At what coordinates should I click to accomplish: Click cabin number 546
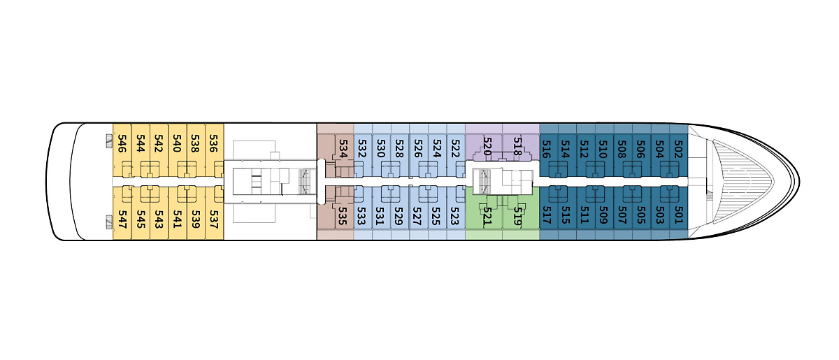coord(122,143)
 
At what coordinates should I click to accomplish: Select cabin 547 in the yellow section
coord(122,219)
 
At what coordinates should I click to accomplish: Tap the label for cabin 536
coord(213,143)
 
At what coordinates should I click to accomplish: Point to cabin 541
coord(177,219)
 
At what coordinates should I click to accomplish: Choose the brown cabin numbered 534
coord(343,149)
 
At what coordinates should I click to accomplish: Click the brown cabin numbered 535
coord(342,216)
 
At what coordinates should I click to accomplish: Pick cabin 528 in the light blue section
coord(399,149)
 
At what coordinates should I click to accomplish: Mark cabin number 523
coord(454,216)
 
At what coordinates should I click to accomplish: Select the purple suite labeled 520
coord(487,147)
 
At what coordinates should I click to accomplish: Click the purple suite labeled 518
coord(517,147)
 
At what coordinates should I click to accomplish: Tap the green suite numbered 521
coord(486,216)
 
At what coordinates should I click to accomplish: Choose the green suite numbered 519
coord(517,216)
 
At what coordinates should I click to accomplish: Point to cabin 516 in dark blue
coord(547,149)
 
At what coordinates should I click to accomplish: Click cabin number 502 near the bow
coord(678,149)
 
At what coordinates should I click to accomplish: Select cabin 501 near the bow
coord(678,215)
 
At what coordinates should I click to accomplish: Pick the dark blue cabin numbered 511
coord(585,215)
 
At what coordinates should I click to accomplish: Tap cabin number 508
coord(622,149)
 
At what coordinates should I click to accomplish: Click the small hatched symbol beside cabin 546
coord(109,141)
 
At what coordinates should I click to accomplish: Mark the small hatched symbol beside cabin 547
coord(109,222)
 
